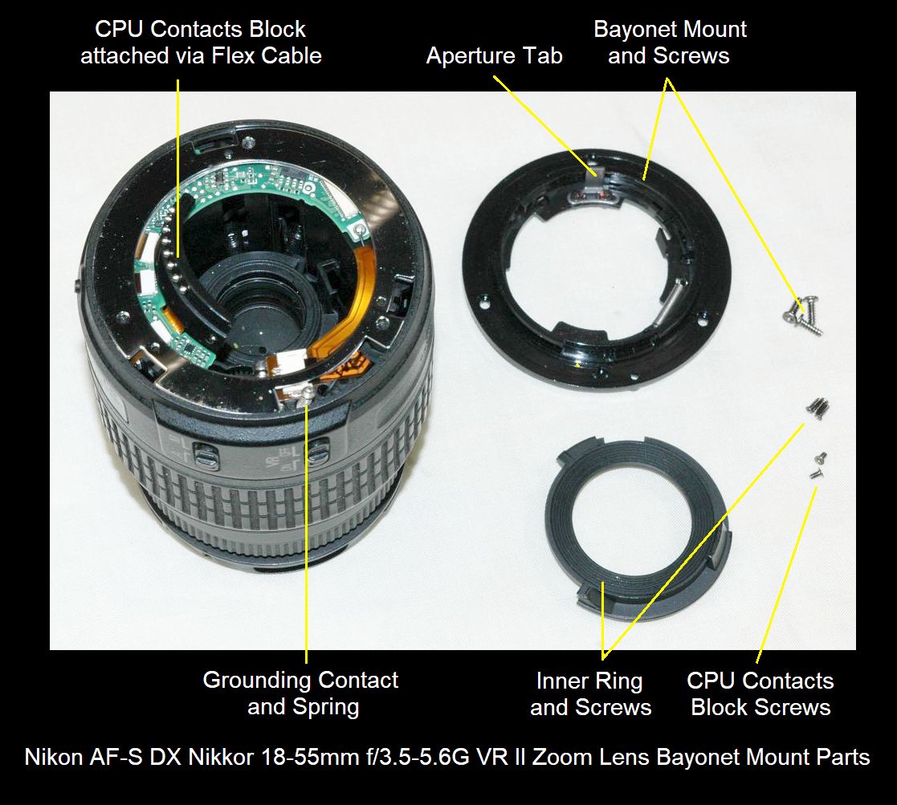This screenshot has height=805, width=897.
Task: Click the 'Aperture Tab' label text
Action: click(494, 56)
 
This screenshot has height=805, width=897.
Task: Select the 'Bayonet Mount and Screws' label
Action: click(670, 43)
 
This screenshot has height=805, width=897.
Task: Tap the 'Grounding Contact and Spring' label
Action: click(301, 693)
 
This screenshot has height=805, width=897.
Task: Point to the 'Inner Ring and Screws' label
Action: click(590, 693)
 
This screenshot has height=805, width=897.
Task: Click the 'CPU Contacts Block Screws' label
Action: click(760, 693)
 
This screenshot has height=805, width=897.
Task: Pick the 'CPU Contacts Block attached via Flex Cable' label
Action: click(201, 43)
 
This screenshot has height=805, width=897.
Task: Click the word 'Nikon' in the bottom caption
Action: click(53, 757)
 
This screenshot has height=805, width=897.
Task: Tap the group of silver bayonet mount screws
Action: click(802, 314)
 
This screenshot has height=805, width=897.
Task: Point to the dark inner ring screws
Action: click(817, 408)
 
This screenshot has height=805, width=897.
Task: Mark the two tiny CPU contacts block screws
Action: click(817, 465)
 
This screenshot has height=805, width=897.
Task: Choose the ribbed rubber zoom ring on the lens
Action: click(258, 486)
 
